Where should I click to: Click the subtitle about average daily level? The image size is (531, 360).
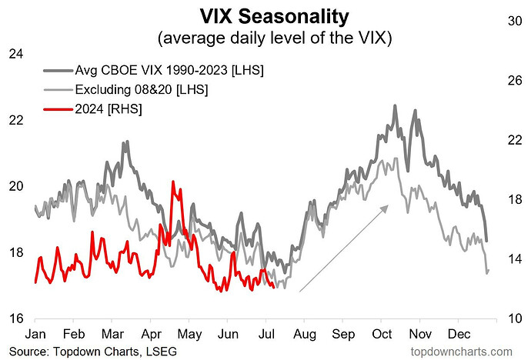tap(265, 37)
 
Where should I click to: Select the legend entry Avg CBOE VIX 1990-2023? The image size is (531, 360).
tap(169, 70)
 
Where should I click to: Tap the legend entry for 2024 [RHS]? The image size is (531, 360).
tap(109, 110)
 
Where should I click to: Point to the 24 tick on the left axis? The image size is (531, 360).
tap(16, 54)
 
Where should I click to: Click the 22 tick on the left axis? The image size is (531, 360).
tap(16, 120)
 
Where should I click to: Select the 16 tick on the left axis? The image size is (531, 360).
tap(16, 318)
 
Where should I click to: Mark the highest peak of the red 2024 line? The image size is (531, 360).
tap(172, 182)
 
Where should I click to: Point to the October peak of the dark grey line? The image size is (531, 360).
tap(395, 106)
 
